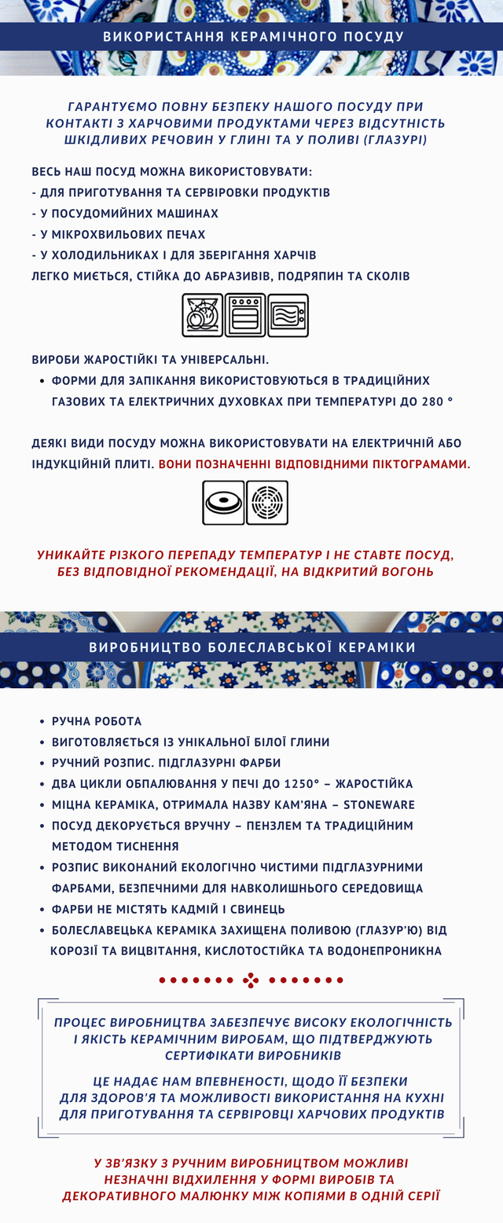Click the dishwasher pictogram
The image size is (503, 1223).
(202, 315)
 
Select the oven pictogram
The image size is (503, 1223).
(245, 315)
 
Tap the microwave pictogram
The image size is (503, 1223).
(288, 315)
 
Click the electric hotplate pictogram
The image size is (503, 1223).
(223, 503)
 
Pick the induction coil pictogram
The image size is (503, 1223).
(267, 503)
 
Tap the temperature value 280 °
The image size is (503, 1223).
(438, 401)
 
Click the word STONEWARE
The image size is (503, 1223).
(379, 804)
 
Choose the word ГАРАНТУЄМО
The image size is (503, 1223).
(113, 107)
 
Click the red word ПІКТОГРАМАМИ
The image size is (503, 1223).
(409, 464)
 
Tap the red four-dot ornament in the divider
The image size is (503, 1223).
(251, 980)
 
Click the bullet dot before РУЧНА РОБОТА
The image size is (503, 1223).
(42, 721)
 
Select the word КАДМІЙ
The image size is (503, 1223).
(192, 909)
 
